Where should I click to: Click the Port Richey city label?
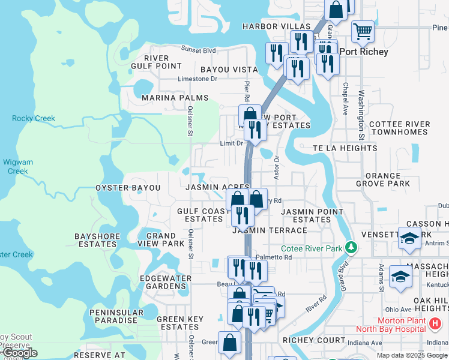click(x=364, y=52)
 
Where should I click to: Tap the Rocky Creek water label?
click(x=34, y=118)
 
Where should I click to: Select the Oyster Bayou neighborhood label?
click(x=128, y=188)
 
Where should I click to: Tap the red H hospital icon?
click(x=435, y=324)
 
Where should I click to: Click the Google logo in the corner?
click(x=20, y=353)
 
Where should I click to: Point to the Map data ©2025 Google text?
click(x=412, y=355)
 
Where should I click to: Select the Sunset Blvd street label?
click(x=198, y=50)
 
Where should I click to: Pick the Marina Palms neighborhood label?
click(x=175, y=98)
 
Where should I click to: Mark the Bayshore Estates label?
click(x=97, y=240)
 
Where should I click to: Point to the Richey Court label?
click(x=314, y=340)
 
